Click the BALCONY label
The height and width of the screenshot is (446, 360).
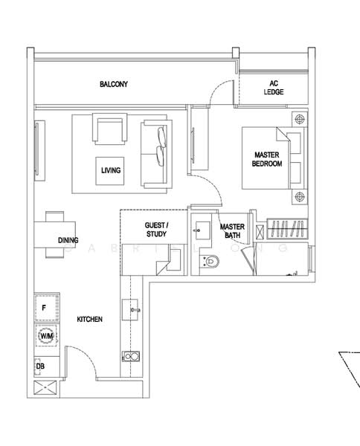tap(114, 85)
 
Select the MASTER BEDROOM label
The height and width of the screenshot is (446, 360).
tap(266, 159)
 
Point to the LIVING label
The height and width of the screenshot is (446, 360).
tap(111, 170)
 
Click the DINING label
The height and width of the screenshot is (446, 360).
tap(68, 240)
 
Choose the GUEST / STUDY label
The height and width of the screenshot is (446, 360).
tap(155, 229)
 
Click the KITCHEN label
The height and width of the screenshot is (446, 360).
tap(89, 319)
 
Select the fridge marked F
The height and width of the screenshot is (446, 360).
tap(45, 307)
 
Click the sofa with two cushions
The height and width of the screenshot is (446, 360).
tap(157, 155)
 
